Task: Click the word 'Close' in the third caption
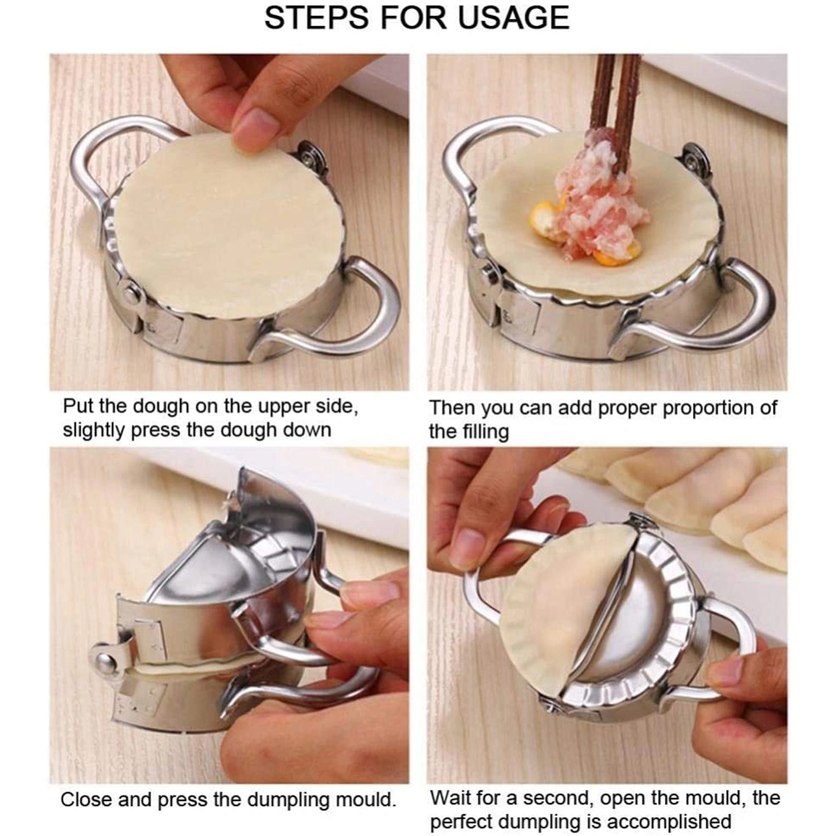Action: [x=86, y=800]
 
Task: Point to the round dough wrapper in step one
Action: [x=223, y=223]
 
